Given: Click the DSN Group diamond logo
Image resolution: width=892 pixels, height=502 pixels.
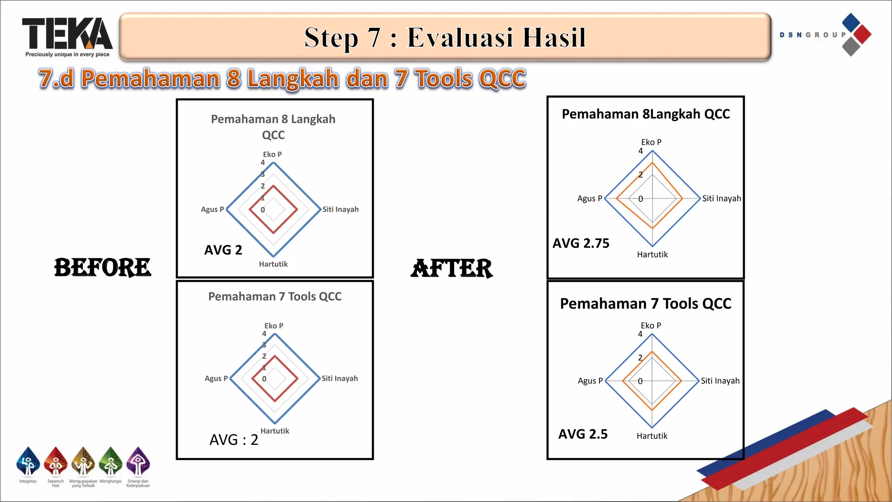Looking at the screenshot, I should [x=856, y=34].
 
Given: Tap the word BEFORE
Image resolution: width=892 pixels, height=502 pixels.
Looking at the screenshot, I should [x=103, y=267].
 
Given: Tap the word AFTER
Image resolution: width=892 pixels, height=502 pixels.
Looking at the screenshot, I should [x=452, y=268].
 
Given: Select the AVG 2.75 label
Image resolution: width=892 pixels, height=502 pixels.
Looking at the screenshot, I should [x=581, y=243].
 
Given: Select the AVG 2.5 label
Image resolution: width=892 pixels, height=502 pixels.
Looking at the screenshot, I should [x=583, y=434].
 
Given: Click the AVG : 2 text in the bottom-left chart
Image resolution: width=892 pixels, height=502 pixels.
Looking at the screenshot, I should [x=234, y=440].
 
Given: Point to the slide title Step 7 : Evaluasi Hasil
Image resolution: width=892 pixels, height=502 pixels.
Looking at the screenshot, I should [x=445, y=37].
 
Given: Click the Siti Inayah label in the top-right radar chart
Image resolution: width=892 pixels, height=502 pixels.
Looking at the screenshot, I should [x=721, y=199].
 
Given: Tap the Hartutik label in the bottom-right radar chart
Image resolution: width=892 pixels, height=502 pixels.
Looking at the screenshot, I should [x=652, y=436].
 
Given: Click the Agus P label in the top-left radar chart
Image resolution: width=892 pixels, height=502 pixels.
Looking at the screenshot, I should [x=212, y=210].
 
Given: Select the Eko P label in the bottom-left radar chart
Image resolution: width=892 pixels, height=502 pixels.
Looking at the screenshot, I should [x=274, y=326].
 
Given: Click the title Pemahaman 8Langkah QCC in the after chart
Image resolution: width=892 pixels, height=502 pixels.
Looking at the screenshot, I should [x=645, y=114].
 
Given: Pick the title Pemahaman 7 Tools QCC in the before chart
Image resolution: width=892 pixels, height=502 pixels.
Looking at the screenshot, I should [x=274, y=297].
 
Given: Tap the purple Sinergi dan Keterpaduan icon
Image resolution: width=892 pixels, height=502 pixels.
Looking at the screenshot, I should [x=138, y=462].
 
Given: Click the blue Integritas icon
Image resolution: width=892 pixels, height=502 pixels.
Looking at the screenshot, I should [x=28, y=462].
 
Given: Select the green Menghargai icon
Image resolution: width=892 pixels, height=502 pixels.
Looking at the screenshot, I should [x=111, y=462].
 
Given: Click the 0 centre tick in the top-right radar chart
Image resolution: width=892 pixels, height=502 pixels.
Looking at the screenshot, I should [x=640, y=199].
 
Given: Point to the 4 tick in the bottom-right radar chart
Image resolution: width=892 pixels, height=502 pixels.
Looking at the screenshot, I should [x=640, y=334].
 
